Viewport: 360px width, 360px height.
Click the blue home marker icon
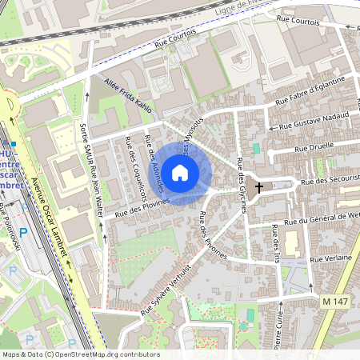pyautogui.click(x=180, y=172)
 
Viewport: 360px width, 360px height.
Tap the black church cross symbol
pyautogui.click(x=258, y=190)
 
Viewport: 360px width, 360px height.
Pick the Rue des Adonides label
pyautogui.click(x=154, y=164)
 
